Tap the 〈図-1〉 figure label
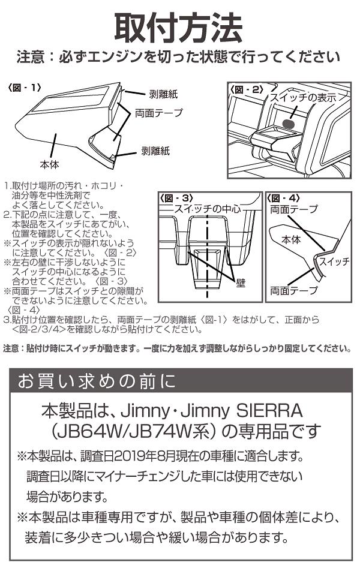coord(25,88)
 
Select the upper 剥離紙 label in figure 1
coord(163,94)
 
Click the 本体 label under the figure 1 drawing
coord(49,163)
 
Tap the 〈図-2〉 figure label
coord(247,89)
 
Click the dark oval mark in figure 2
coord(288,124)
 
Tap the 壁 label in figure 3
coord(239,280)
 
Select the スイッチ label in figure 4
coord(334,262)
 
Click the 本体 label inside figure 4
coord(292,239)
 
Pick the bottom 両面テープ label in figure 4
coord(294,290)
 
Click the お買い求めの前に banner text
coord(96,381)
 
